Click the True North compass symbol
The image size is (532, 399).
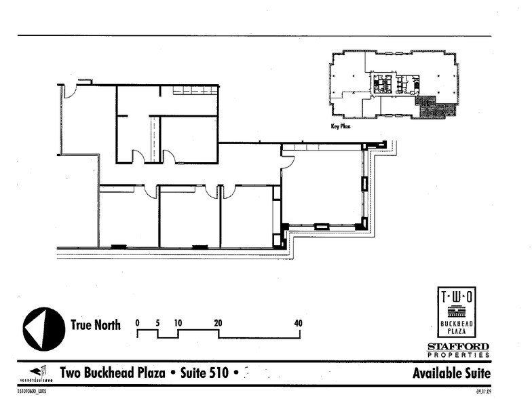43,329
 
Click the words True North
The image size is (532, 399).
96,325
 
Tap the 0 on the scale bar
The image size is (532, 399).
137,323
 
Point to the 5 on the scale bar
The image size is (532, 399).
157,323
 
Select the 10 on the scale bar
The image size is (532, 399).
178,323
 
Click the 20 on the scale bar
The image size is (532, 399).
218,323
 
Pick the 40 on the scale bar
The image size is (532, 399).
298,323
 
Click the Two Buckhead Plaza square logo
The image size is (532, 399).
456,311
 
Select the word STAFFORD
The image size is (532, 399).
457,347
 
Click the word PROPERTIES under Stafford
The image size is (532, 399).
457,354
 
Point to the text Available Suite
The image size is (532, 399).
451,373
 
